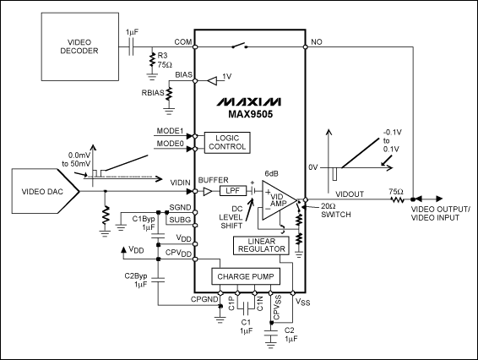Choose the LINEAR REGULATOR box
260,245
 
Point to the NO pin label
318,42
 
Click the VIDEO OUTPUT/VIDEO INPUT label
440,214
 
